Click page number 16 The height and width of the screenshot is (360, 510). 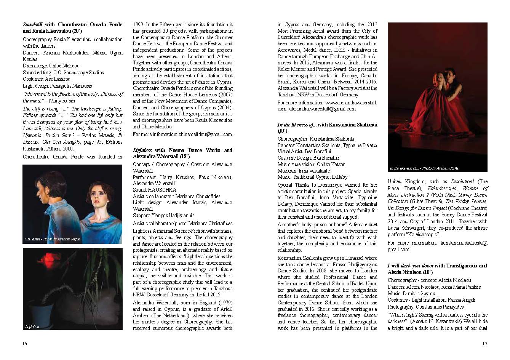(x=25, y=344)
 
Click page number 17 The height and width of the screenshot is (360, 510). (x=484, y=344)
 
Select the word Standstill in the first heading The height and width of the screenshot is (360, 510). (x=33, y=25)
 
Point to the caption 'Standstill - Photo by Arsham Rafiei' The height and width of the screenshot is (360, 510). (x=53, y=239)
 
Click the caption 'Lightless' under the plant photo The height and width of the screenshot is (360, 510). (x=32, y=327)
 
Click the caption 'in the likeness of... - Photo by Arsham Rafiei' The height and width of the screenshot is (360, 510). (x=424, y=168)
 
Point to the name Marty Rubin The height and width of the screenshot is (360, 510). (x=62, y=101)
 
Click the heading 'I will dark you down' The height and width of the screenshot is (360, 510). (x=411, y=266)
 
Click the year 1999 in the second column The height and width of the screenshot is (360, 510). (x=138, y=25)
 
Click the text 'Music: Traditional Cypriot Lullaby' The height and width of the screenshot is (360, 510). (x=312, y=177)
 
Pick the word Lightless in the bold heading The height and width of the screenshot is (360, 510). (x=142, y=150)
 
